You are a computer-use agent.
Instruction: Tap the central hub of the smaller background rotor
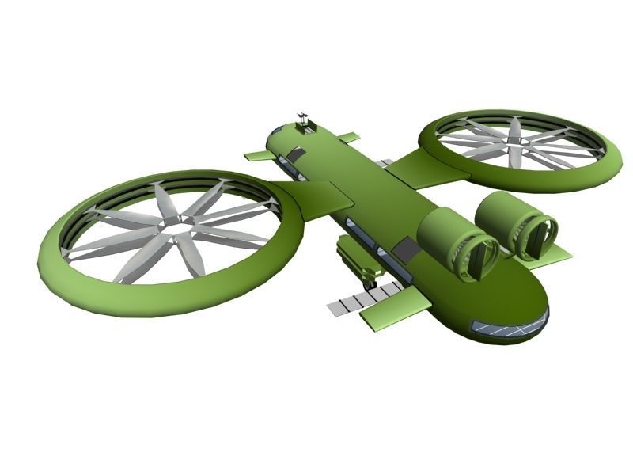pyautogui.click(x=515, y=142)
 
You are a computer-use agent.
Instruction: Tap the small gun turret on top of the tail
pyautogui.click(x=303, y=120)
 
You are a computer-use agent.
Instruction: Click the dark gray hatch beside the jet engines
pyautogui.click(x=407, y=249)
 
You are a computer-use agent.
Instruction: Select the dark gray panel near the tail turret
pyautogui.click(x=296, y=155)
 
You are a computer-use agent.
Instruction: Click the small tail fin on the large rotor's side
pyautogui.click(x=257, y=156)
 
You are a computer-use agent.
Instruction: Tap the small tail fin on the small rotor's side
pyautogui.click(x=348, y=138)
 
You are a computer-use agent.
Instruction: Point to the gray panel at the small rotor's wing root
pyautogui.click(x=385, y=163)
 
